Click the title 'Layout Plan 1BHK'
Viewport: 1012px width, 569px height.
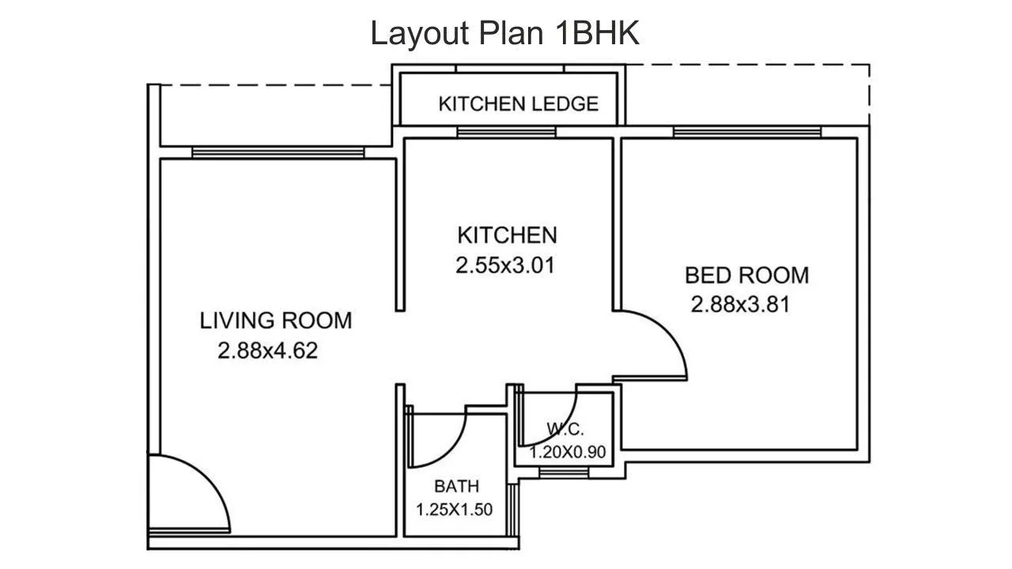(x=505, y=34)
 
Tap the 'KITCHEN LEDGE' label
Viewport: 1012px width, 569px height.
(x=518, y=104)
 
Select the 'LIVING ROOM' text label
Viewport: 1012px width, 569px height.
(x=275, y=321)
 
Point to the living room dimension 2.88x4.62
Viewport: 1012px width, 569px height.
(x=267, y=350)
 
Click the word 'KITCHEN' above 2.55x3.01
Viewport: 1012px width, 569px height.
(x=507, y=235)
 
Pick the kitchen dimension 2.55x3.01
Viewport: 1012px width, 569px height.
(x=505, y=266)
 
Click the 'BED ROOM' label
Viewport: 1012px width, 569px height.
(x=746, y=275)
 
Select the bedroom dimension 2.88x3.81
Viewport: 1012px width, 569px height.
(x=740, y=304)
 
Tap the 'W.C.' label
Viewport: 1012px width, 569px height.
(x=565, y=430)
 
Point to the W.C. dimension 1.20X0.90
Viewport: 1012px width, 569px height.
(x=567, y=453)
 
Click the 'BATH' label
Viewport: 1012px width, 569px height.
(x=456, y=486)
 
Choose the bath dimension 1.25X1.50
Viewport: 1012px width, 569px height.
(x=454, y=510)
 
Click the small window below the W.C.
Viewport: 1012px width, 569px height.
(x=563, y=472)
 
